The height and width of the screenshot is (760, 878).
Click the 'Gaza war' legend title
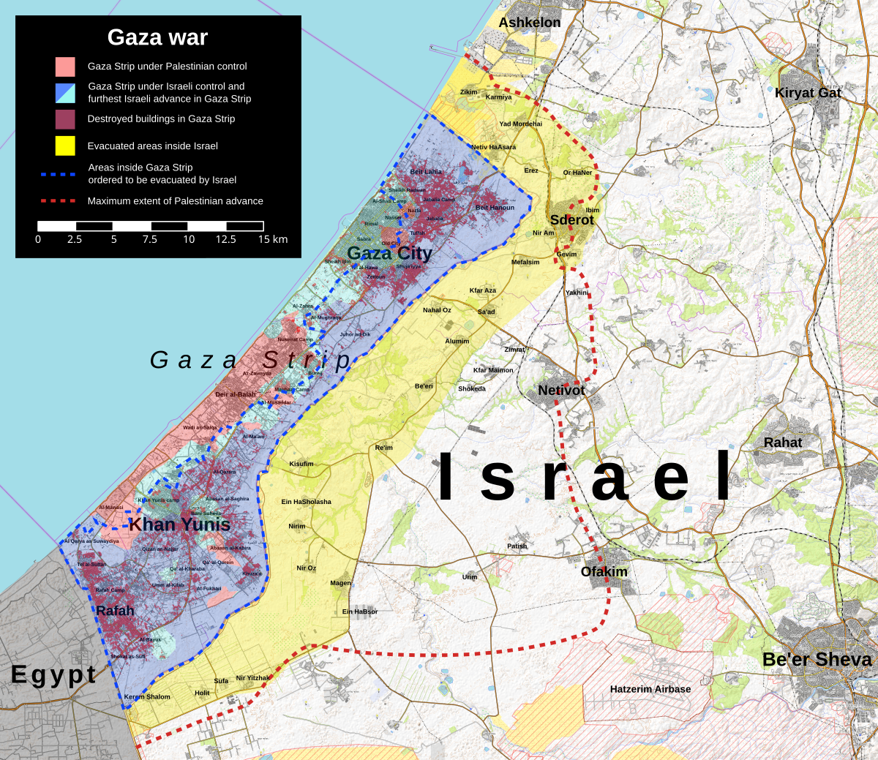click(x=157, y=37)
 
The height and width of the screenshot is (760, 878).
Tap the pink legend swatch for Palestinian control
click(x=65, y=67)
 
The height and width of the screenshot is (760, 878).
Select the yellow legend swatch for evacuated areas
click(x=65, y=146)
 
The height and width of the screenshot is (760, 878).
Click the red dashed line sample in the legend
click(x=59, y=200)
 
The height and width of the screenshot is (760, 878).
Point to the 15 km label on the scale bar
click(x=273, y=240)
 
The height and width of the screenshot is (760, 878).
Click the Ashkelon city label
click(x=530, y=23)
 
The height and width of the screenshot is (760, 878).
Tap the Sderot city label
click(x=571, y=219)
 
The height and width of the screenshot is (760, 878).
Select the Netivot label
click(x=561, y=390)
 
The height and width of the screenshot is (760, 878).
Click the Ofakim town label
click(x=604, y=571)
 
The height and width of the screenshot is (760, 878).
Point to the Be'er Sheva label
click(x=817, y=659)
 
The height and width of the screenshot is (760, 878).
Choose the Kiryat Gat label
click(x=808, y=93)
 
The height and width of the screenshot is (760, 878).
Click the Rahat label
click(x=782, y=443)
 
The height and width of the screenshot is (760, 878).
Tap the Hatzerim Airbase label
click(x=650, y=689)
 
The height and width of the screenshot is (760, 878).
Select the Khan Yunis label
click(x=179, y=524)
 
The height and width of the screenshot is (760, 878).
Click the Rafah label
click(x=115, y=611)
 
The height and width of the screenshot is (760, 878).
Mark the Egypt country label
click(x=53, y=674)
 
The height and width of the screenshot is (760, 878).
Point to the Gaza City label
click(x=389, y=253)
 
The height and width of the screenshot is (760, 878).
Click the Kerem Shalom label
click(x=147, y=697)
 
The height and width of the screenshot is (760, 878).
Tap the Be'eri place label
click(x=424, y=386)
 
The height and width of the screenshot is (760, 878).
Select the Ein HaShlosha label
click(x=306, y=502)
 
